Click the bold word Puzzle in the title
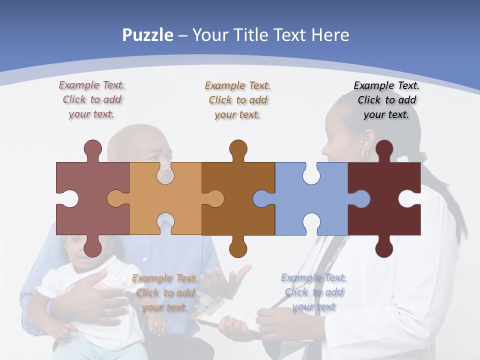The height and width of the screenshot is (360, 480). pos(147,35)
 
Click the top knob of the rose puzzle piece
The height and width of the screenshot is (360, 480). pos(92,148)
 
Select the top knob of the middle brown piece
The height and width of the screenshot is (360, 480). pos(238,148)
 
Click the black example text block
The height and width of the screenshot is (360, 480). pos(386,100)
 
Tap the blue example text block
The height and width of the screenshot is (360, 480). pos(313,292)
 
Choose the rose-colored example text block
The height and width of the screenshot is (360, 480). pos(91,100)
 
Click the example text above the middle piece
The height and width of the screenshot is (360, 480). pos(237,100)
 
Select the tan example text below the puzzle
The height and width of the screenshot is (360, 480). pos(164,293)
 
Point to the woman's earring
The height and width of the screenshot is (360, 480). pos(365,152)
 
